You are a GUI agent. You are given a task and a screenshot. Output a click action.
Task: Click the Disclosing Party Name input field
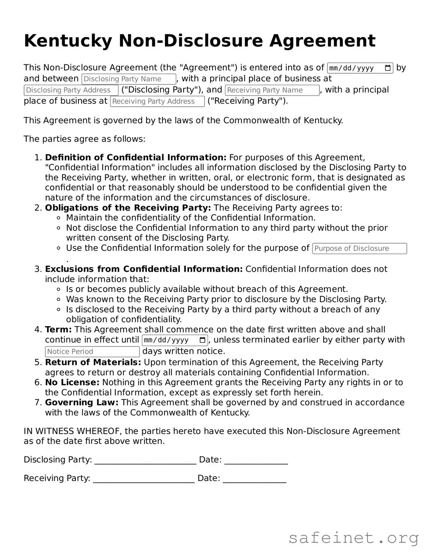[128, 79]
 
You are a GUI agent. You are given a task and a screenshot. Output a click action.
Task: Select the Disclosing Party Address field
[71, 90]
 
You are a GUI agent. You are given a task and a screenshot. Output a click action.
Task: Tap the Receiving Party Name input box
[272, 90]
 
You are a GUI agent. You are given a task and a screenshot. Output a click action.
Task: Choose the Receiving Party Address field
[157, 101]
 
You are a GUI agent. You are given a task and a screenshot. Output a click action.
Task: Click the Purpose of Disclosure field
[359, 249]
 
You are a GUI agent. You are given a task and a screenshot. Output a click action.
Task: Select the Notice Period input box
[92, 352]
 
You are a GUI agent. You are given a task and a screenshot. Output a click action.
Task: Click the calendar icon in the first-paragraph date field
[388, 68]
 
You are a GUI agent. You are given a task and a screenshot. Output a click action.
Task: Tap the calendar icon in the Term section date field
[203, 340]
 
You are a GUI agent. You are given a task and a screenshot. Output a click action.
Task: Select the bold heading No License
[72, 382]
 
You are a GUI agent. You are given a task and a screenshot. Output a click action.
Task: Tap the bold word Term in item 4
[58, 330]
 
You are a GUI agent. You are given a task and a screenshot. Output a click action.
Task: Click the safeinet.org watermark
[353, 538]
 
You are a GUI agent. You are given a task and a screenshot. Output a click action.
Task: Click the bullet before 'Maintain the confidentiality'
[59, 218]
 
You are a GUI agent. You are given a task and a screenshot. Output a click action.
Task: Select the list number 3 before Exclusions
[37, 269]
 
